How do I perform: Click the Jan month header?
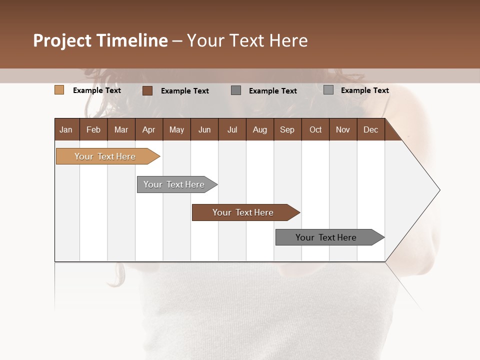66,129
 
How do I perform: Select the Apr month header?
149,129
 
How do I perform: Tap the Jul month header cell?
232,129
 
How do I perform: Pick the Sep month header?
287,129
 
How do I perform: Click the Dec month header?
370,129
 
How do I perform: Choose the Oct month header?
315,129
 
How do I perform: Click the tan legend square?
59,90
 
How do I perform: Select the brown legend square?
147,90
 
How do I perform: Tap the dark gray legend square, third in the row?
236,90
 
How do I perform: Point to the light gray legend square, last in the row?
328,90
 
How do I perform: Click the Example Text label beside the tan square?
97,90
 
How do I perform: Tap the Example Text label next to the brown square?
185,91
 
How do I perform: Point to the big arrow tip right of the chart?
430,190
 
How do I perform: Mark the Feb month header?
93,129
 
